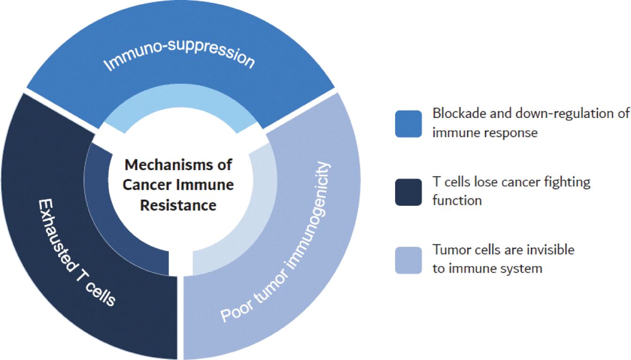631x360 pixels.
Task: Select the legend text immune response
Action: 485,133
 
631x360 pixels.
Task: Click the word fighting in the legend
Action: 566,181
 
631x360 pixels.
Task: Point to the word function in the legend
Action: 457,201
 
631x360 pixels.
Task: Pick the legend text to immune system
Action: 487,268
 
